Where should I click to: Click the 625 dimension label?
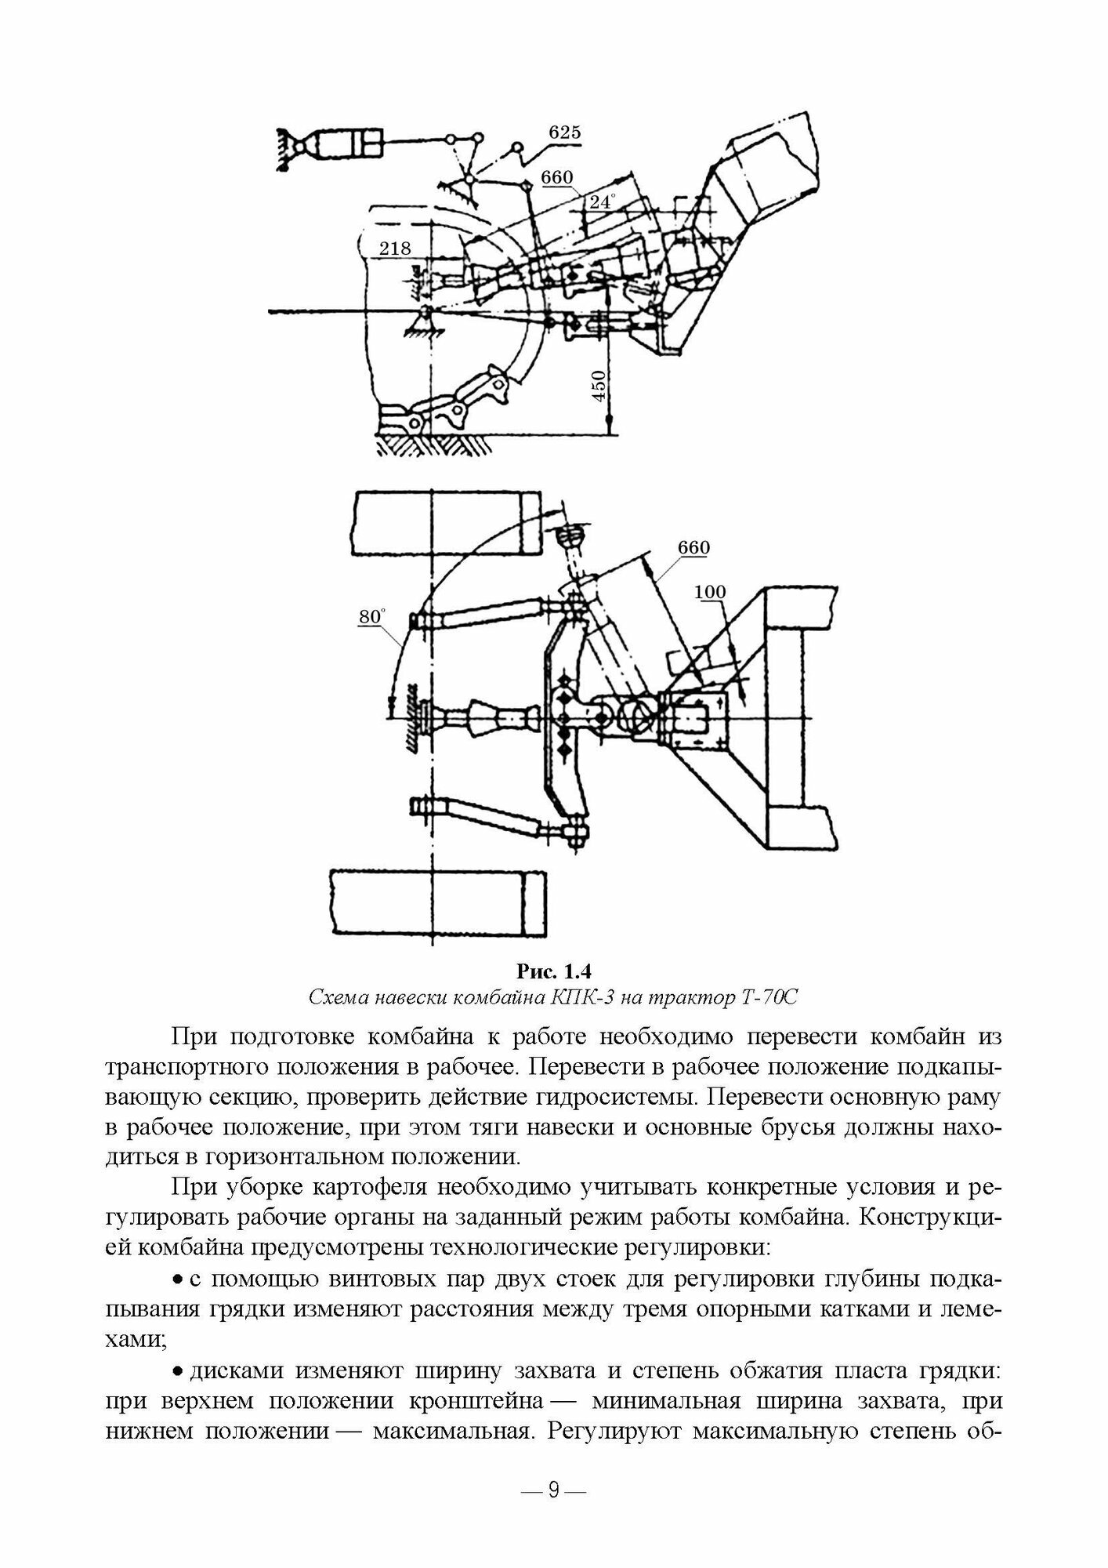(564, 132)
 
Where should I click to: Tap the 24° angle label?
(600, 202)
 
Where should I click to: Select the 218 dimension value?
(395, 249)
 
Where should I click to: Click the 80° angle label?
(371, 617)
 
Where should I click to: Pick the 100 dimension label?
(710, 593)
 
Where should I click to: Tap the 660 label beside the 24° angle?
(557, 178)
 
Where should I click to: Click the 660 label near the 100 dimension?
(693, 547)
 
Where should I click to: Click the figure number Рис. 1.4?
(552, 973)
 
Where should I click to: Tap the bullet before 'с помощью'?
(177, 1280)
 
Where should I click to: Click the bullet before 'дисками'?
(177, 1371)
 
